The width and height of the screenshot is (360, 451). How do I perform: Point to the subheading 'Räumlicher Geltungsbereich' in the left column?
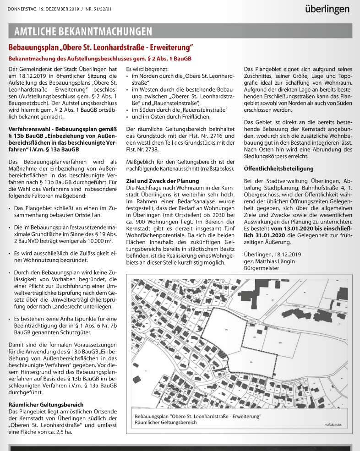pos(46,404)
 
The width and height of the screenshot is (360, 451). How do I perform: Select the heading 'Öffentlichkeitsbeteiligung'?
pos(278,168)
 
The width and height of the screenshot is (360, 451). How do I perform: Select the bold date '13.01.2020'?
pos(286,228)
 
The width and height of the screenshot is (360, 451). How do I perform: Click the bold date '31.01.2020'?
pos(264,234)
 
